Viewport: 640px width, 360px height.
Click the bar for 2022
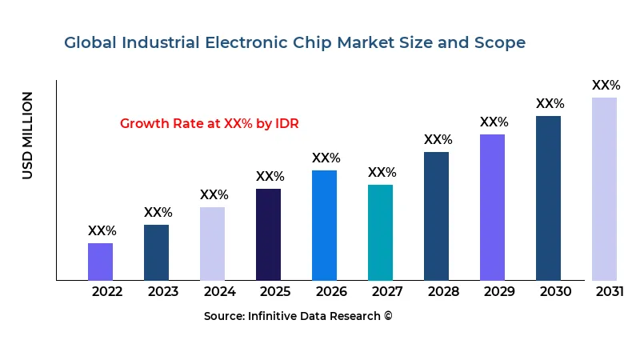point(101,262)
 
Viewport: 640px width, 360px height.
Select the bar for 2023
point(157,252)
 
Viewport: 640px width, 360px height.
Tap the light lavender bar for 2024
point(212,243)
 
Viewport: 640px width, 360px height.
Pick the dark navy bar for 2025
point(268,234)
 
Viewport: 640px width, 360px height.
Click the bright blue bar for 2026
point(324,225)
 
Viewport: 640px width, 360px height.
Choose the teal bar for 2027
point(380,232)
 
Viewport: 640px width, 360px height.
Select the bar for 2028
point(436,216)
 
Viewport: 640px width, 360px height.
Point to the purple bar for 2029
point(492,207)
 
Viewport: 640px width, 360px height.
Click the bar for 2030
point(548,198)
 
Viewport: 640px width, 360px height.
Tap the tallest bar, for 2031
point(604,189)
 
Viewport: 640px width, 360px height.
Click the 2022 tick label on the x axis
point(107,291)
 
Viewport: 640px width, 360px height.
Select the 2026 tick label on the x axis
point(331,291)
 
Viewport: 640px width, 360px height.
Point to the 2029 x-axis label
point(499,291)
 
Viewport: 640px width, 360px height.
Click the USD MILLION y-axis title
point(28,135)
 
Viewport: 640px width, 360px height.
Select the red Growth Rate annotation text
point(210,123)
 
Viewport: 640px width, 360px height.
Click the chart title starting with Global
point(295,42)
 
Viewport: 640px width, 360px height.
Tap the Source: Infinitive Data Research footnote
point(298,316)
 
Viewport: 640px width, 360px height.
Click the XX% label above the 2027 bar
point(382,173)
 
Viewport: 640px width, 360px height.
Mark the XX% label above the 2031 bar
point(606,86)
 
